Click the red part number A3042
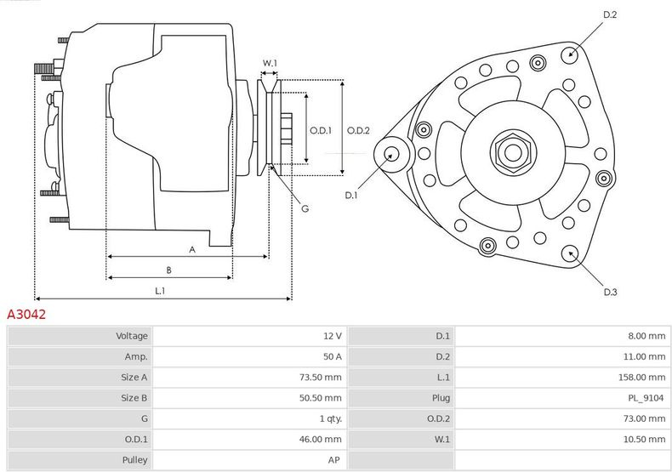(26, 315)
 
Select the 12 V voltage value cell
(333, 336)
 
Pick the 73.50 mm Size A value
(323, 378)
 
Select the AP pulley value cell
(335, 460)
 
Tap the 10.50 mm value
(646, 440)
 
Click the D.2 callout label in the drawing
(609, 14)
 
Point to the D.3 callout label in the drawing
(609, 292)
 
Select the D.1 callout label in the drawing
(351, 196)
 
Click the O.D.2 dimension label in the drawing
(358, 130)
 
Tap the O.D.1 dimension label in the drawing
(320, 130)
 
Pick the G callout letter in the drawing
(305, 208)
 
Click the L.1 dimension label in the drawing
(159, 291)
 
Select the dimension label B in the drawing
(169, 270)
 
